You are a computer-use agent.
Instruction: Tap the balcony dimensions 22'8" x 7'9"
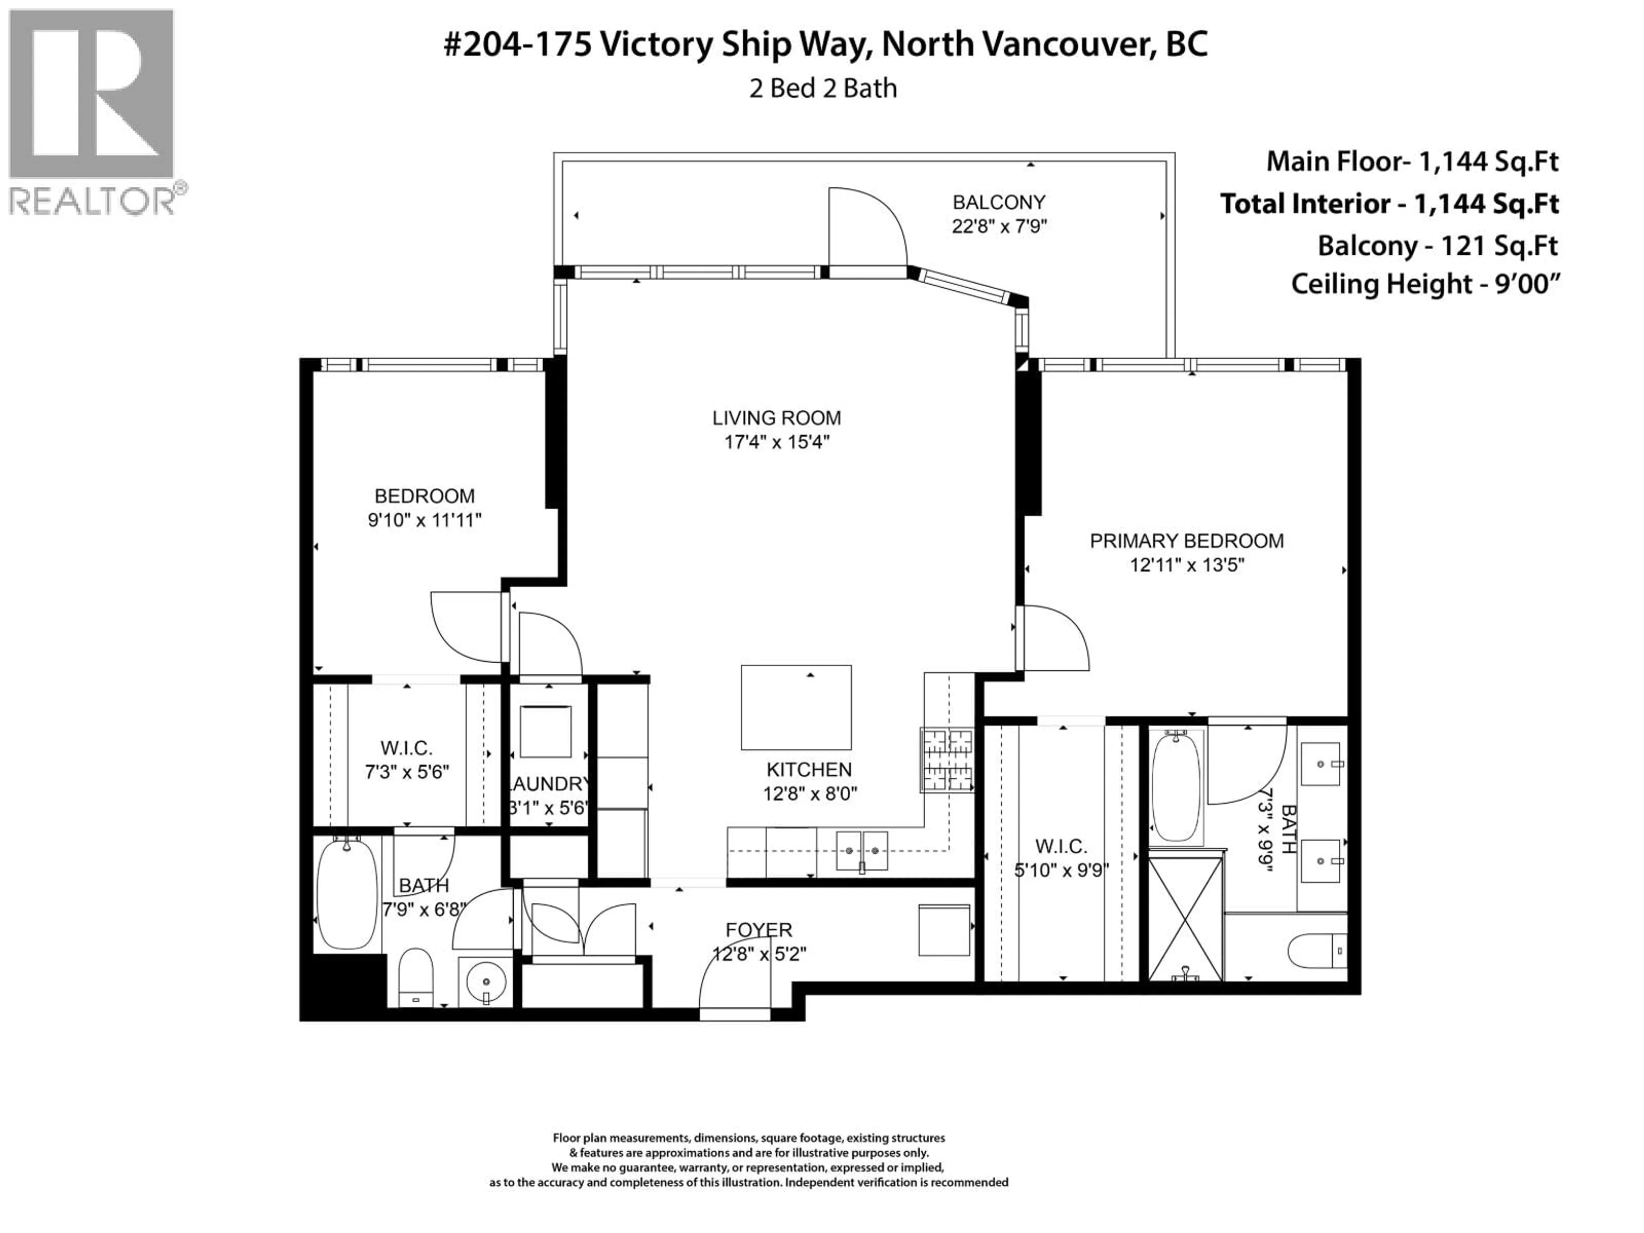click(999, 226)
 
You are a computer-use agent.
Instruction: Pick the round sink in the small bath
click(485, 982)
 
